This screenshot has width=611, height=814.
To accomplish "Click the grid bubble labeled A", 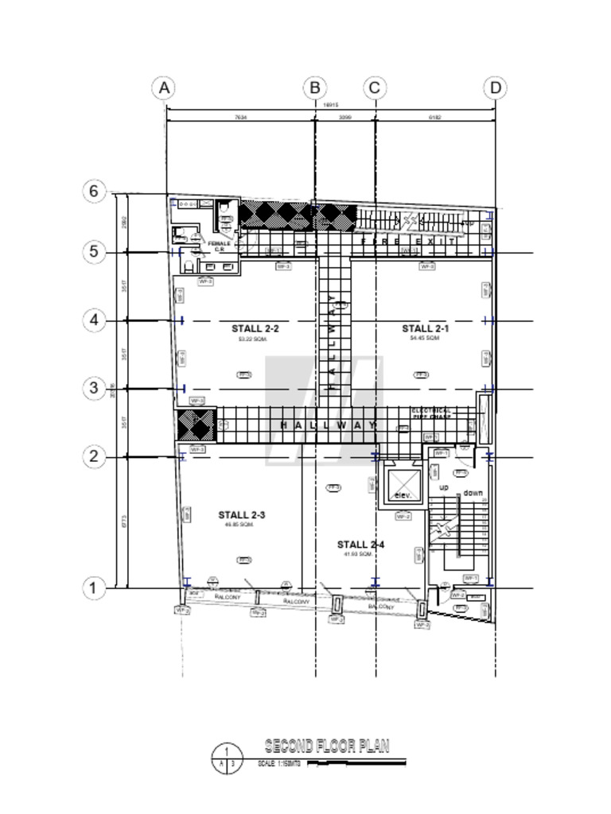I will tap(164, 87).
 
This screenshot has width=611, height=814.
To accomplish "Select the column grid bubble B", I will tap(315, 87).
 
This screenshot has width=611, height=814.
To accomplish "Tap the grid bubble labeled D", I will tap(496, 87).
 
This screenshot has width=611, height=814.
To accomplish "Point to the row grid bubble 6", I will tap(94, 192).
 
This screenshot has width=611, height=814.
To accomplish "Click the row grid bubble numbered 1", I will tap(94, 588).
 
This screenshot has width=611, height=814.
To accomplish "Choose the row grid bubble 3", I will tap(94, 388).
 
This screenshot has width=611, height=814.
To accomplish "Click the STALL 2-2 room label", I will tap(255, 328).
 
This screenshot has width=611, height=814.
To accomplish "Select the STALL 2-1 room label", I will tap(425, 328).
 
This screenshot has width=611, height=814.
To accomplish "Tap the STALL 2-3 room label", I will tap(241, 515).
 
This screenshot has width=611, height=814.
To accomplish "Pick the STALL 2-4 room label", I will tap(360, 545).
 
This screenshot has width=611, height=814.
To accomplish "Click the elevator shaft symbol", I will tap(402, 480).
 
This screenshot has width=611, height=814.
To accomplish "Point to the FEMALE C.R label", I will tap(220, 246).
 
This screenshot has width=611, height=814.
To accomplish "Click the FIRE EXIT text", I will tap(407, 241).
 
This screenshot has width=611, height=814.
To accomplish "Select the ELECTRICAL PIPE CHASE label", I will tap(431, 413).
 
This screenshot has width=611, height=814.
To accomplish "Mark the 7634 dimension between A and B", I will tap(240, 117).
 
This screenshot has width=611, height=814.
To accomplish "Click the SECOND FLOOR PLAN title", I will tap(326, 746).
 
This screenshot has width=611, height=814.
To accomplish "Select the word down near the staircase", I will tap(473, 493).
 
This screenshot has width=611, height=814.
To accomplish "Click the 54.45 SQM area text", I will tap(424, 339).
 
